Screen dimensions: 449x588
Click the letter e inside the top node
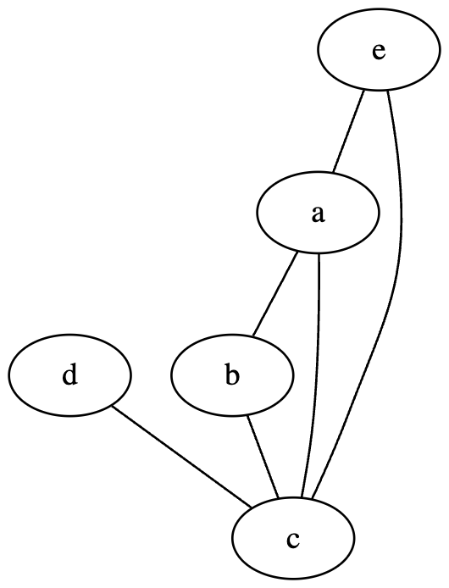pos(379,52)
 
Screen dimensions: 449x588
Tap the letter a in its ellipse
pos(318,214)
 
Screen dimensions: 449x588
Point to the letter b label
pos(232,375)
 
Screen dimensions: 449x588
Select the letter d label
pos(70,375)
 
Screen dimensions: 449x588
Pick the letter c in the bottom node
pos(292,539)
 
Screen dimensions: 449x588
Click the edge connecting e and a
pos(348,131)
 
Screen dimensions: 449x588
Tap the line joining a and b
pos(275,293)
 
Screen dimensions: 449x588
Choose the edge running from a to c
pos(314,376)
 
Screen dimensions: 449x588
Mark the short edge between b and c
pos(263,457)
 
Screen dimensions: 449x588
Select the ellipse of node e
pos(379,50)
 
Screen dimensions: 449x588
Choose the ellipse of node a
pos(318,213)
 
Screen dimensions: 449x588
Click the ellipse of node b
pos(232,375)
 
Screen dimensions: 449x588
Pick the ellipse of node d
pos(70,375)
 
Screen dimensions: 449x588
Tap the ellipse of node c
pos(292,538)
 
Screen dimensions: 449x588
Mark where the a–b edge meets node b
pos(252,336)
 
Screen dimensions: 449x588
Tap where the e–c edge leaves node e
pos(387,91)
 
